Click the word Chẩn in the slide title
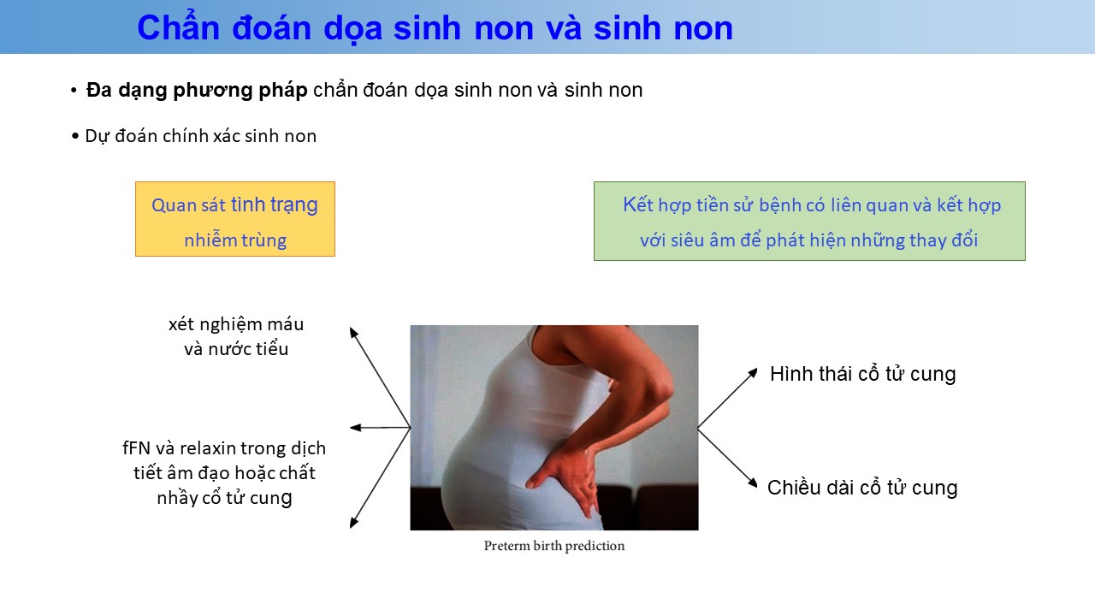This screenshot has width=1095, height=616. (x=179, y=27)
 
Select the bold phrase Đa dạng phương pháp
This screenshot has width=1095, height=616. (x=197, y=91)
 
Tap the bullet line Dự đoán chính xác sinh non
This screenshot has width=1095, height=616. (x=200, y=136)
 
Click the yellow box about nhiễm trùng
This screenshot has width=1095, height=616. (x=235, y=219)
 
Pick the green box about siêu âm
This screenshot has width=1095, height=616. (x=809, y=221)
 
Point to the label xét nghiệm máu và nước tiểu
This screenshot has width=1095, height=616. (x=236, y=336)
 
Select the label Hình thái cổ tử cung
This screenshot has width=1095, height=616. (x=863, y=374)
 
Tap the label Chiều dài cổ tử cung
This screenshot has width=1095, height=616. (x=862, y=488)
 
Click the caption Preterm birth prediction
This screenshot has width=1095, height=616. (x=554, y=546)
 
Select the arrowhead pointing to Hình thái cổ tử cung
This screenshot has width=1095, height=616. (x=754, y=372)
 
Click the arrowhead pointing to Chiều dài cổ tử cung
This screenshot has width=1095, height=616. (x=753, y=483)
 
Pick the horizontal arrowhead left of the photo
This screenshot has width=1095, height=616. (x=355, y=428)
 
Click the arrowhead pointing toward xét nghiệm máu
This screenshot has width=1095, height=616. (x=353, y=333)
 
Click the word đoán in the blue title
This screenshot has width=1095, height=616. (x=271, y=27)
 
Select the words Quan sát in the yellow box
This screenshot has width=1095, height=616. (x=188, y=205)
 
